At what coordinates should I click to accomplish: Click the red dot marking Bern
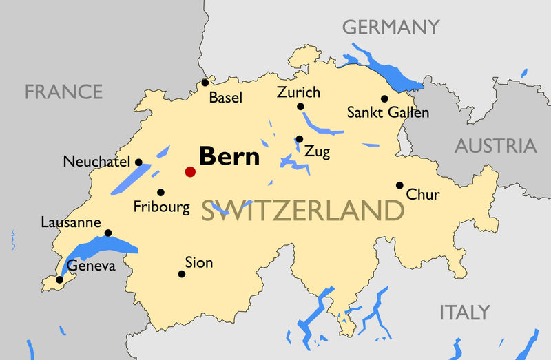[190, 171]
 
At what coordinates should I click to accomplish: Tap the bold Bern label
[229, 156]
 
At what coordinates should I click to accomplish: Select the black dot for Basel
[205, 83]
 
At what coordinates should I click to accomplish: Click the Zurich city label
[298, 92]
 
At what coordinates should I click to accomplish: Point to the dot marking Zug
[299, 138]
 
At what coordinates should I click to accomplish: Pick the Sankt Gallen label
[388, 112]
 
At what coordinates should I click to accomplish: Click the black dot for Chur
[399, 185]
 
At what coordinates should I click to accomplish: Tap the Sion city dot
[182, 274]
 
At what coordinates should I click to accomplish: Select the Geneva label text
[91, 266]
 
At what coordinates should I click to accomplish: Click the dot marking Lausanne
[107, 233]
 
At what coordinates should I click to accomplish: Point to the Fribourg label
[161, 207]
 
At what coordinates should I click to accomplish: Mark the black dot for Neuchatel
[138, 162]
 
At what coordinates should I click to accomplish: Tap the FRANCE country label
[63, 92]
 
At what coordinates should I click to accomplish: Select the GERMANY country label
[391, 28]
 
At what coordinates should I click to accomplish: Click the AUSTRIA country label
[495, 146]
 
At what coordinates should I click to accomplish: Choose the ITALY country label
[464, 313]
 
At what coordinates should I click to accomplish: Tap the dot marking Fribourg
[160, 193]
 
